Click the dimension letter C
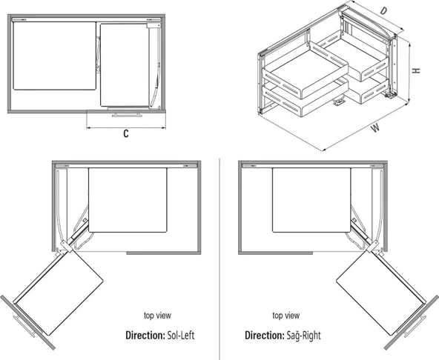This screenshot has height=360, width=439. pos(126,134)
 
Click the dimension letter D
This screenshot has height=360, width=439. pos(383,11)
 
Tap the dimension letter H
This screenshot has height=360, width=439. pos(417,70)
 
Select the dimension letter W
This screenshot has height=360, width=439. pos(375,128)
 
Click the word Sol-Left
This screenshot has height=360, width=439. pos(181,335)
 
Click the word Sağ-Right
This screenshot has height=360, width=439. pos(303,335)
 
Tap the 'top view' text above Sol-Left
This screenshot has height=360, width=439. pos(157,316)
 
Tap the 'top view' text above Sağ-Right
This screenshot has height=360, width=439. pos(285,316)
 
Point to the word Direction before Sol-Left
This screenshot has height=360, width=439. pos(145,335)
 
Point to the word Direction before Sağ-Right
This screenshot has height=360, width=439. pos(264,335)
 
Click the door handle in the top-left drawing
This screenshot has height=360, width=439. pos(127,115)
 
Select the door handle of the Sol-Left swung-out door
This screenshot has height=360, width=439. pos(24,326)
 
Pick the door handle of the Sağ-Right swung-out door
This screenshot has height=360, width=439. pos(415,327)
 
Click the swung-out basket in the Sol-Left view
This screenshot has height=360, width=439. pos(59,293)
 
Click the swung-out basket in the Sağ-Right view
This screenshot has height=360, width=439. pos(381,293)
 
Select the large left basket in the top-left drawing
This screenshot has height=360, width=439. pos(55,56)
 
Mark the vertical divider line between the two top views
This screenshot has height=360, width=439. pos(219,259)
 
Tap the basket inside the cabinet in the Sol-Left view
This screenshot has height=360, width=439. pos(128,200)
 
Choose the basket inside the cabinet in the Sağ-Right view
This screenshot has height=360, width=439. pos(311,200)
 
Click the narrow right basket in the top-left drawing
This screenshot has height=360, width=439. pos(125,65)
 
